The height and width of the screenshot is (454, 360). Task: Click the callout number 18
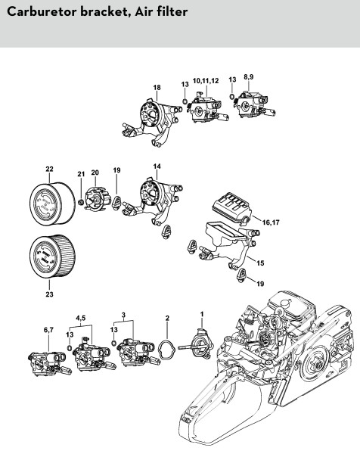157,88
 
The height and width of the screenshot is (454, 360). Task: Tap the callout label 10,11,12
206,81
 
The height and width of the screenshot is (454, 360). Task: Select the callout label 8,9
249,77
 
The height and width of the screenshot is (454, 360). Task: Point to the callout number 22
49,169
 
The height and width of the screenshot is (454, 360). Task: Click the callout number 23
49,294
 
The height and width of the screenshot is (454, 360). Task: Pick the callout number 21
81,174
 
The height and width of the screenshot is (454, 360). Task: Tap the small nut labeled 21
82,202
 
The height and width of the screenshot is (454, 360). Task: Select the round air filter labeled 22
52,204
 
